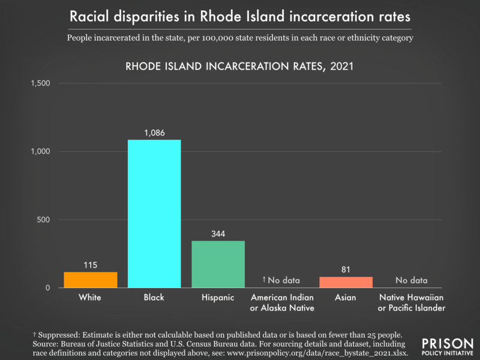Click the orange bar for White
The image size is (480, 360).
pyautogui.click(x=91, y=280)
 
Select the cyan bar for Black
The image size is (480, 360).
pyautogui.click(x=154, y=214)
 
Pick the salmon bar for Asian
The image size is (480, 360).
pyautogui.click(x=346, y=282)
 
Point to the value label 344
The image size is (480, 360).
pyautogui.click(x=218, y=233)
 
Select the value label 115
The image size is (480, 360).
pyautogui.click(x=91, y=264)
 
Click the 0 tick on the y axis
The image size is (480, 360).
pyautogui.click(x=47, y=288)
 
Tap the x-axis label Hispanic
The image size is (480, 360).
pyautogui.click(x=218, y=298)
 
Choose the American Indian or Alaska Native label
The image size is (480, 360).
pyautogui.click(x=281, y=303)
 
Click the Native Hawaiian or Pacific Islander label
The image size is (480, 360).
pyautogui.click(x=411, y=303)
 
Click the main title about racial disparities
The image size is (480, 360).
pyautogui.click(x=240, y=16)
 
